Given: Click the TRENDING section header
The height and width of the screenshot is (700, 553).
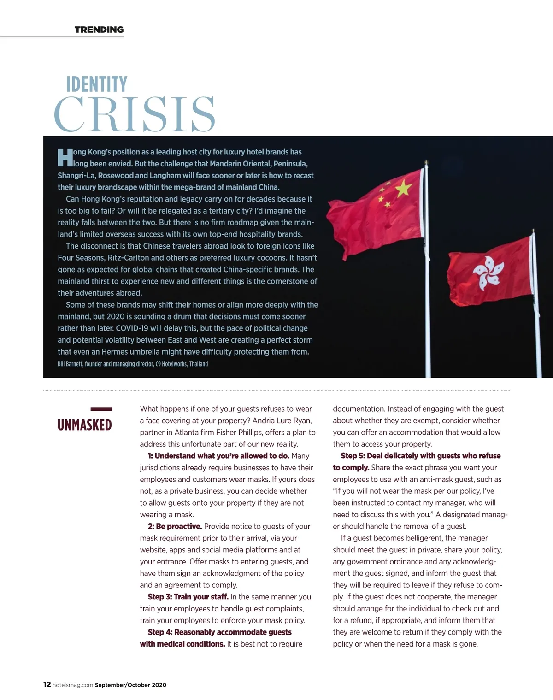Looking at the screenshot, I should (x=99, y=30).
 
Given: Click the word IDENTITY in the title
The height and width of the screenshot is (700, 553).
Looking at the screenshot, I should (x=97, y=84).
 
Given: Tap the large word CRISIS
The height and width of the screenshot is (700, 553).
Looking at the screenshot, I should (x=135, y=114).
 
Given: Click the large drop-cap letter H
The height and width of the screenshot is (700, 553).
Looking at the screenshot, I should (x=65, y=157).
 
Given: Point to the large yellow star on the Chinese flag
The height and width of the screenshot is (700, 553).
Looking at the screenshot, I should (x=404, y=187).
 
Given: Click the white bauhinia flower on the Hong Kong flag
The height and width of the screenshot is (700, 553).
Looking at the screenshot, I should (x=488, y=273).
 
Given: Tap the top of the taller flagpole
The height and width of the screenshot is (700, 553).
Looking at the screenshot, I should (x=426, y=164).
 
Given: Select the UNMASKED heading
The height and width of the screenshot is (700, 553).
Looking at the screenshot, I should (x=84, y=425).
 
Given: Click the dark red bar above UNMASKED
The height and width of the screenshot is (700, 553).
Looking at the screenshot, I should (x=101, y=409).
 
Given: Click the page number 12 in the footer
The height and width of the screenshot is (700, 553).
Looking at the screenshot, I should (x=47, y=684).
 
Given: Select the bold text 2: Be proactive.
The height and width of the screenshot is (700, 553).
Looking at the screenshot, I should (x=175, y=527).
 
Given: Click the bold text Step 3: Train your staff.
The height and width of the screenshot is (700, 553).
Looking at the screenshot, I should (x=188, y=597).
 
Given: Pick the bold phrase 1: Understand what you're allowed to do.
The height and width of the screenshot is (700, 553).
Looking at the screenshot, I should (x=218, y=456).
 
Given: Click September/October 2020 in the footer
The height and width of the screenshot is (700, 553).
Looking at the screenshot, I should (x=130, y=685).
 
